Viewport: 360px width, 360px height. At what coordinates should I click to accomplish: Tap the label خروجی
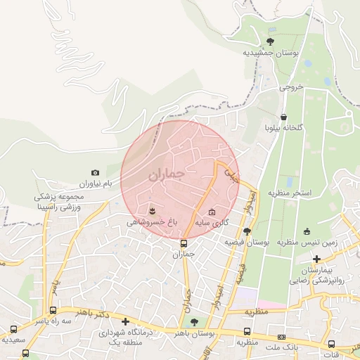290,87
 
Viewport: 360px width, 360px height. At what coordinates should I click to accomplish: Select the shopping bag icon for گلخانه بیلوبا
283,117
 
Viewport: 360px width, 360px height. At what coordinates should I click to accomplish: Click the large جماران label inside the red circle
167,174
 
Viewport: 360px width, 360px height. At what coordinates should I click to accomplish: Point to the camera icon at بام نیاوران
96,172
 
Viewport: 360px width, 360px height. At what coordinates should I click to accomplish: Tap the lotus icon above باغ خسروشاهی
152,210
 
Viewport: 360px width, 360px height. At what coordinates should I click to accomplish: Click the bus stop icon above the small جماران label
184,243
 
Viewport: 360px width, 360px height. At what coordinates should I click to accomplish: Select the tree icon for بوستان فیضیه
246,231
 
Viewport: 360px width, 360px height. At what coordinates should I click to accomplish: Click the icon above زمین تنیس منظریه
307,231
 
